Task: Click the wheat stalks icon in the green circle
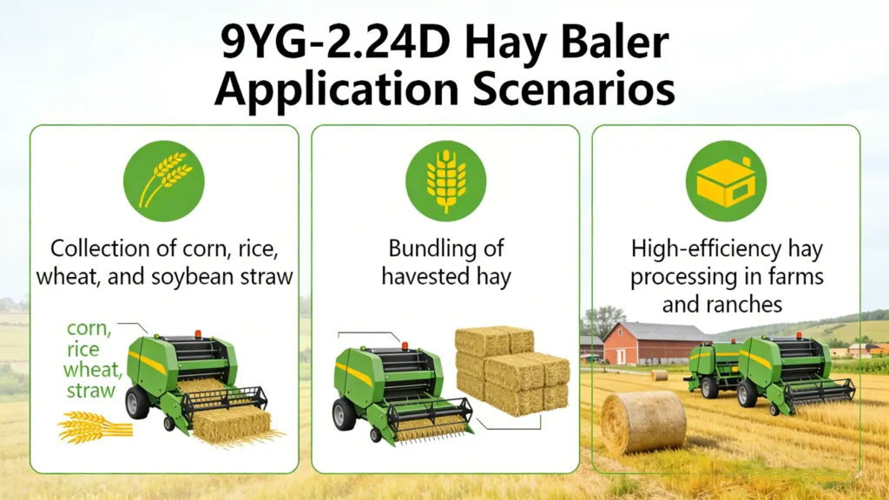[x=164, y=181]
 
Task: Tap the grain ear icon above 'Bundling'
[x=445, y=181]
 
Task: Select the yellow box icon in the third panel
[x=726, y=181]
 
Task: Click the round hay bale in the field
[x=643, y=422]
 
